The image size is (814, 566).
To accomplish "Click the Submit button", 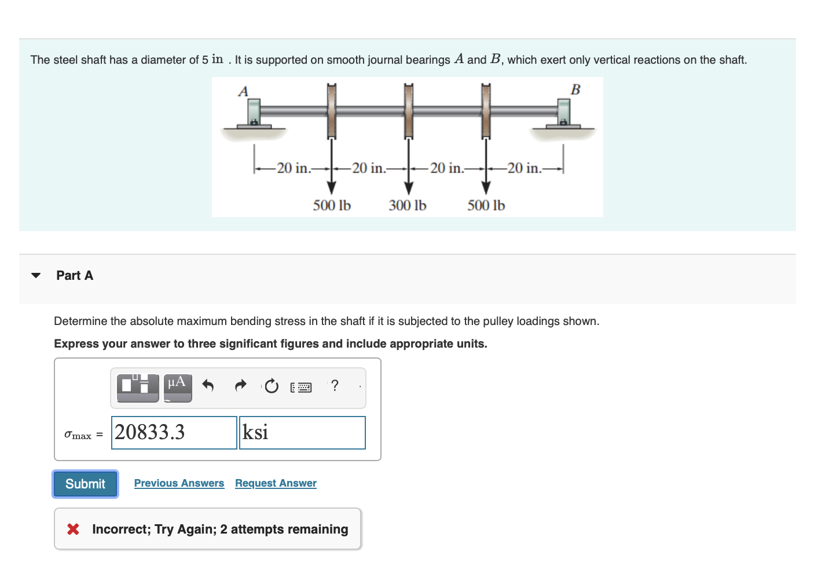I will pyautogui.click(x=85, y=484).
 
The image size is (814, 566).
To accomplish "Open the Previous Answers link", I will pyautogui.click(x=179, y=483).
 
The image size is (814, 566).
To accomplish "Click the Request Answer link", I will pyautogui.click(x=276, y=483).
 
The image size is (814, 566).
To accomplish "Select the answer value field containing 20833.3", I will pyautogui.click(x=174, y=433).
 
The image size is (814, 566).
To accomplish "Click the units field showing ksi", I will pyautogui.click(x=302, y=433).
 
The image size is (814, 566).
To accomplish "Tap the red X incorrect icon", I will pyautogui.click(x=73, y=529).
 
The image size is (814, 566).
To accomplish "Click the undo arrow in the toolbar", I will pyautogui.click(x=208, y=385).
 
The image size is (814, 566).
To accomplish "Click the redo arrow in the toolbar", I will pyautogui.click(x=240, y=385).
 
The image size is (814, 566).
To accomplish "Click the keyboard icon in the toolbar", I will pyautogui.click(x=301, y=387).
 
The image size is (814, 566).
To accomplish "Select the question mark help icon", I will pyautogui.click(x=334, y=385).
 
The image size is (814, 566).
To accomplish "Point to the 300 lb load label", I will pyautogui.click(x=408, y=206).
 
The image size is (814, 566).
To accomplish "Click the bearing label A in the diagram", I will pyautogui.click(x=243, y=92).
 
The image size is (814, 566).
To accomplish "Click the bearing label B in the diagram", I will pyautogui.click(x=575, y=90).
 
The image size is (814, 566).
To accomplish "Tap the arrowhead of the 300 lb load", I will pyautogui.click(x=409, y=188).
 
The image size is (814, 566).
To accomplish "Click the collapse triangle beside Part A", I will pyautogui.click(x=36, y=276).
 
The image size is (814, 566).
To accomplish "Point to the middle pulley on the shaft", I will pyautogui.click(x=409, y=110).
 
